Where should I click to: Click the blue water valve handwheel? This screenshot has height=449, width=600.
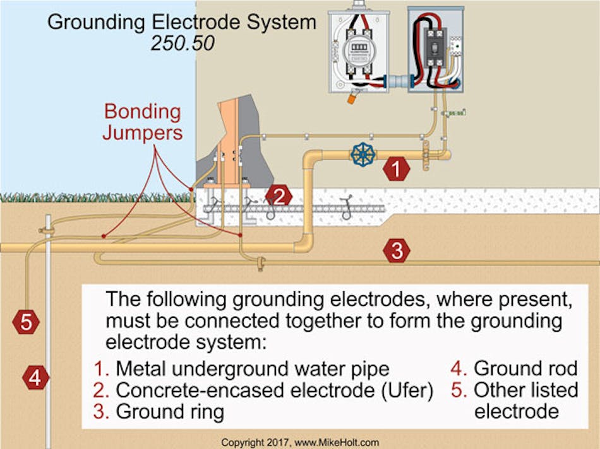click(x=363, y=154)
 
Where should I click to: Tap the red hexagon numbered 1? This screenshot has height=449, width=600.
click(x=397, y=168)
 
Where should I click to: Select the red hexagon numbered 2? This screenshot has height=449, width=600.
click(x=279, y=195)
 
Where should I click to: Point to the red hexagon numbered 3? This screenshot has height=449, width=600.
click(x=397, y=251)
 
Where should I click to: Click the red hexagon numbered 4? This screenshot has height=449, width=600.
click(x=35, y=378)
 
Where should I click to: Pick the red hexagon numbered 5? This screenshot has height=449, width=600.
click(x=26, y=322)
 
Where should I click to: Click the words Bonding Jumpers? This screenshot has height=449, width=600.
click(x=143, y=122)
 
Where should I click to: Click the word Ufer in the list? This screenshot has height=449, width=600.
click(x=407, y=390)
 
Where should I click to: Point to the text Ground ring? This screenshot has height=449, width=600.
click(x=169, y=412)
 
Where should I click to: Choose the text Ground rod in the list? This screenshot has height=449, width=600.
click(x=525, y=368)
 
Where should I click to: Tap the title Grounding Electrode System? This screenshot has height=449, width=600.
click(x=182, y=23)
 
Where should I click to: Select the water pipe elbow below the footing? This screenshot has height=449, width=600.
click(x=304, y=242)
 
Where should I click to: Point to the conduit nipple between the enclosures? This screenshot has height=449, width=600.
click(x=396, y=83)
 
